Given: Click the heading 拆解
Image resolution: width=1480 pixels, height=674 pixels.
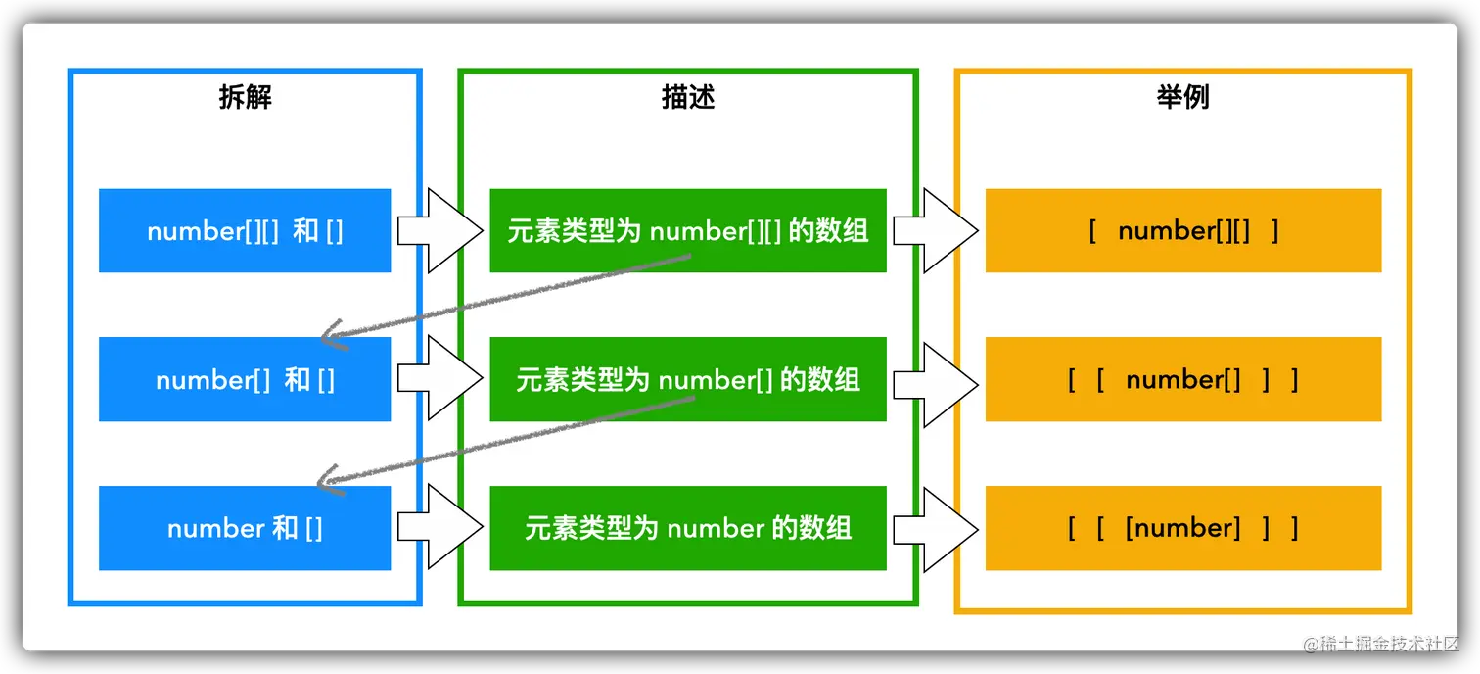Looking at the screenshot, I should click(x=245, y=97).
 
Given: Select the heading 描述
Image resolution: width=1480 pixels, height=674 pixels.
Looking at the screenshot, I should click(x=688, y=97).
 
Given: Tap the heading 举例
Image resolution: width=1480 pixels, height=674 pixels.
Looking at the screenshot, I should click(x=1182, y=97).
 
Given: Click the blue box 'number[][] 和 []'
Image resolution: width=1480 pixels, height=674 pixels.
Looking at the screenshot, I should click(x=245, y=231).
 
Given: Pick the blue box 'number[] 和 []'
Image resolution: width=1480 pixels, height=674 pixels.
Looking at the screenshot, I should click(x=245, y=379).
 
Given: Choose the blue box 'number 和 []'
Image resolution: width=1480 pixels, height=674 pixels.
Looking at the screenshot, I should click(x=245, y=528).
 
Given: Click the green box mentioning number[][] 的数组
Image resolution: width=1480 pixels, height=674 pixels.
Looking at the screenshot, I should click(x=688, y=231).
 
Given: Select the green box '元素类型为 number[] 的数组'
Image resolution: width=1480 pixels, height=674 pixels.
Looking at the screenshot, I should click(x=688, y=379).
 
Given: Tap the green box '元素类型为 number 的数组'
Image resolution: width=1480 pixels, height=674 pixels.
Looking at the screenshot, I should click(x=688, y=528).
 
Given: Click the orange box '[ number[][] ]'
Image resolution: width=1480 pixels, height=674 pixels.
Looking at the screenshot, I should click(x=1182, y=231).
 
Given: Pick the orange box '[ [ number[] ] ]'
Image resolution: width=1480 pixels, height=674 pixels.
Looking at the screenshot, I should click(x=1182, y=379).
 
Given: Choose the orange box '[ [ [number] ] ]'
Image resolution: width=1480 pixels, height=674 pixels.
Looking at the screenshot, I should click(x=1182, y=528).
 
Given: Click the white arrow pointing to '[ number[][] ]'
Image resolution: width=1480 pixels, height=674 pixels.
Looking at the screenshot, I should click(x=936, y=231).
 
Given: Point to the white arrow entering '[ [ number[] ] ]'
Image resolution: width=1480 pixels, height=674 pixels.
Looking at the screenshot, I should click(x=936, y=379).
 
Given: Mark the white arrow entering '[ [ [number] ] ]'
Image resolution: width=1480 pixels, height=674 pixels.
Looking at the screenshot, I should click(x=936, y=528).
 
